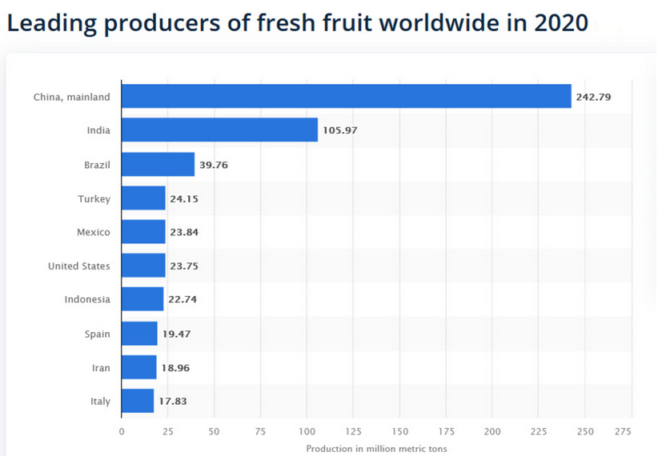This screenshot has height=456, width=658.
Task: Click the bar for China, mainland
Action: click(x=346, y=97)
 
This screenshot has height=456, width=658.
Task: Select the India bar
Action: click(x=219, y=130)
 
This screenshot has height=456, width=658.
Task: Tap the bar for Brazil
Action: click(x=158, y=165)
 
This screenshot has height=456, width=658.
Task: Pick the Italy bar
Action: click(x=137, y=401)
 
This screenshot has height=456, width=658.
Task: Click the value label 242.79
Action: click(x=593, y=97)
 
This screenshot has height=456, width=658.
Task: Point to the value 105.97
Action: click(x=340, y=130)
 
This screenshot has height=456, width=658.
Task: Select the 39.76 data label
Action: click(x=216, y=165)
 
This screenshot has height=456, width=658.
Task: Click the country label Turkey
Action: click(x=94, y=198)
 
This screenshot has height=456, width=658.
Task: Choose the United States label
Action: click(x=79, y=266)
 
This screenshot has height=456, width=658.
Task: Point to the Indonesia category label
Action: click(x=87, y=300)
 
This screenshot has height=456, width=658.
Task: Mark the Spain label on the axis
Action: click(x=97, y=334)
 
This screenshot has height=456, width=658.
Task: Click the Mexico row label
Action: click(x=93, y=232)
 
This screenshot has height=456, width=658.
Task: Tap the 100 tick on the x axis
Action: click(x=307, y=431)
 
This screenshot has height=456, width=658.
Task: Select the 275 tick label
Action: click(x=622, y=431)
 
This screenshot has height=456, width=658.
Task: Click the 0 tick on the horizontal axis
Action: click(x=122, y=431)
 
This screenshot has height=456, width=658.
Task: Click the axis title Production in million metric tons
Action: click(x=376, y=449)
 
